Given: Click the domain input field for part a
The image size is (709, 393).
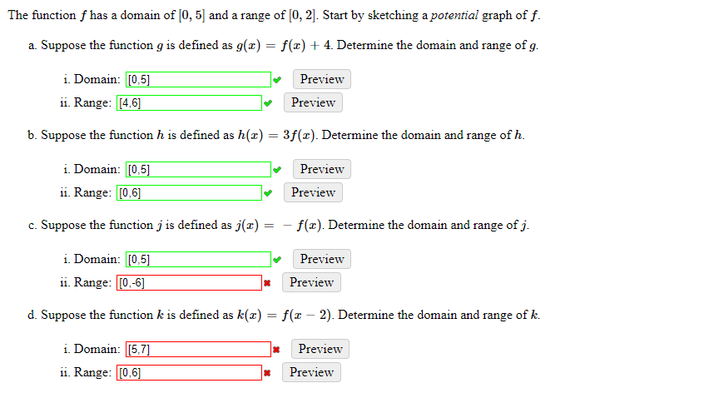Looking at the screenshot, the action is point(198,80).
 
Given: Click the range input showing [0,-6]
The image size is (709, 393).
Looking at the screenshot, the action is point(189,283).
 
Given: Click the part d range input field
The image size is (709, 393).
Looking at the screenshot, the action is point(189,373).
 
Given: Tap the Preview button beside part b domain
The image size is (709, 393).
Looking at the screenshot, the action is point(322,169).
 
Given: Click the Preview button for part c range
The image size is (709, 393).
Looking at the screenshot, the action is point(312,282).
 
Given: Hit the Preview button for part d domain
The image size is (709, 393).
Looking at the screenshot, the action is point(320,349).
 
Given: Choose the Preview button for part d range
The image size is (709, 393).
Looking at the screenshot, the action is point(312,372).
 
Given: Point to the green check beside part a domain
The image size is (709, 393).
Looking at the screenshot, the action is point(277,80).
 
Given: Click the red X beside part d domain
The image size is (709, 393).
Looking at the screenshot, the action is point(277,350).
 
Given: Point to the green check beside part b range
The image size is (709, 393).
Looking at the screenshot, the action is point(268,193).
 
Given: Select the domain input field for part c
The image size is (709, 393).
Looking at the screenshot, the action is point(198,260).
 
